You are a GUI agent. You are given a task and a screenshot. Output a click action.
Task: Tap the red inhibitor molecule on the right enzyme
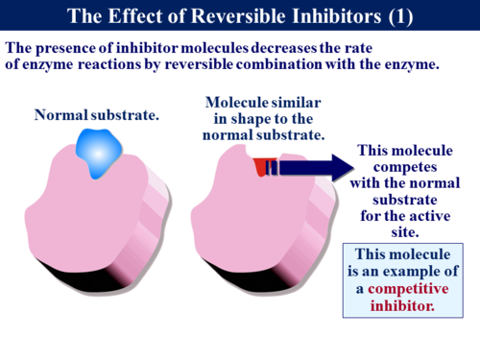[x=262, y=168]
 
